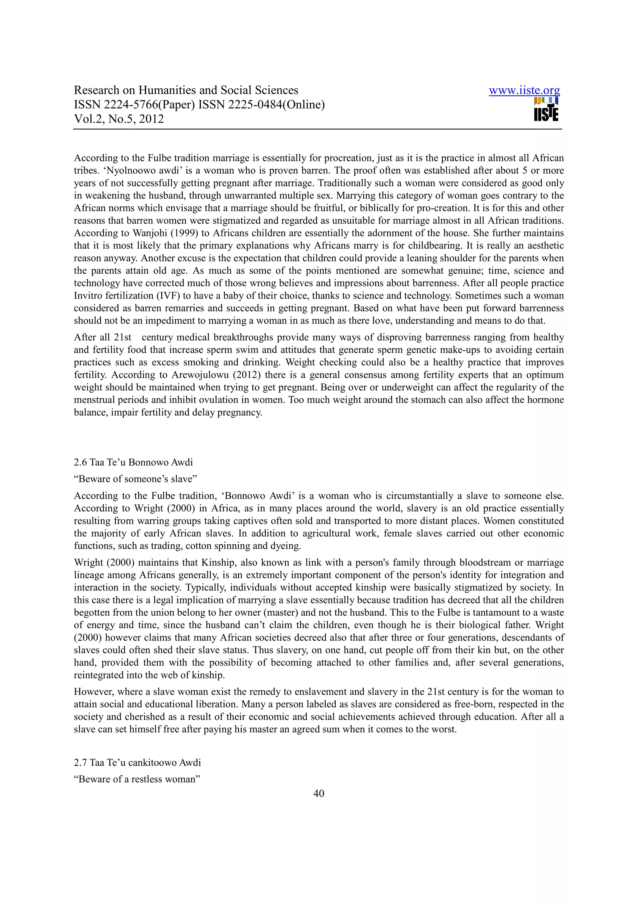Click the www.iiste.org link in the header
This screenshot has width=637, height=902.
[524, 91]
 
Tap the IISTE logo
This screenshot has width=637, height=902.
[546, 110]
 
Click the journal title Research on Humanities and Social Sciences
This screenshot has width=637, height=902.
[186, 90]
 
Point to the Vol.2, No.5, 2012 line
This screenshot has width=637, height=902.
[119, 119]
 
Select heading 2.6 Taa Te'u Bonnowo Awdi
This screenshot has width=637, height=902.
[133, 462]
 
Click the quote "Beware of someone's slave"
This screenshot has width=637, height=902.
[135, 479]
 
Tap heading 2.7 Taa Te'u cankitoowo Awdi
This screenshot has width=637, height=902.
[137, 763]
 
